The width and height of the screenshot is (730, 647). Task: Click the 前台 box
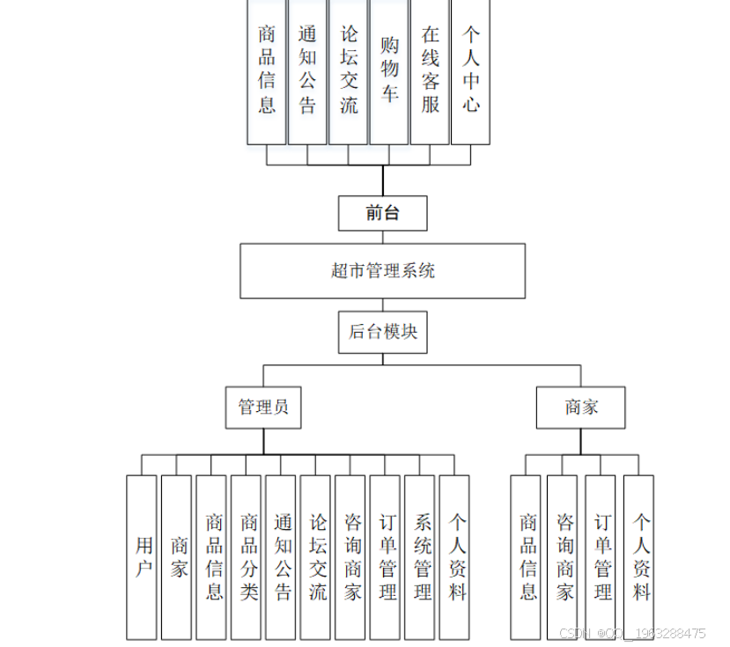pyautogui.click(x=382, y=213)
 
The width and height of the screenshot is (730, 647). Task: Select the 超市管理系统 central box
pyautogui.click(x=382, y=271)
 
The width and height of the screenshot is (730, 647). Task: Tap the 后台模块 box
pyautogui.click(x=382, y=332)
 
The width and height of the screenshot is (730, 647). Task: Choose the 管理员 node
pyautogui.click(x=262, y=408)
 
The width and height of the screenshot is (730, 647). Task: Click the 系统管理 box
pyautogui.click(x=419, y=556)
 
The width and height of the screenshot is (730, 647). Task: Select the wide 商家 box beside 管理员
pyautogui.click(x=580, y=408)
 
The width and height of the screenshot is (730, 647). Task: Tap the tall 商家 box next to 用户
pyautogui.click(x=176, y=556)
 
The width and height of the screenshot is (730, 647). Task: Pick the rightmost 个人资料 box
pyautogui.click(x=638, y=556)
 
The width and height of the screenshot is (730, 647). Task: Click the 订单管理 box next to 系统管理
pyautogui.click(x=385, y=556)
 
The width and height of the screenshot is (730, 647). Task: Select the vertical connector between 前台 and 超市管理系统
pyautogui.click(x=382, y=238)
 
